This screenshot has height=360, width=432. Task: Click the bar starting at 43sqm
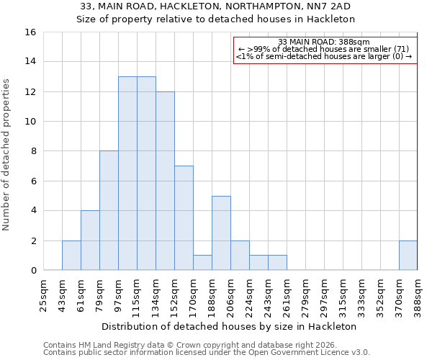coord(71,256)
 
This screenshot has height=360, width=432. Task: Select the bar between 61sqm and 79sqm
coord(90,240)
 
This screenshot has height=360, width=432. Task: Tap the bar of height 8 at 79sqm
coord(109,210)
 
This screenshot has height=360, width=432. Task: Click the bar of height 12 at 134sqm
coord(165,181)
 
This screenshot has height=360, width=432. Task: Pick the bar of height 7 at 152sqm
coord(184,218)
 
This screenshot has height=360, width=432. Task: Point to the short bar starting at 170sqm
coord(202,263)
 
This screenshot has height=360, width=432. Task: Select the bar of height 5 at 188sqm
coord(221,233)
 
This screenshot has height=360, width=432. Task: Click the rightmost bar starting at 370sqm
coord(408,256)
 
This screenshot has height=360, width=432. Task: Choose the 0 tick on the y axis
coord(32,271)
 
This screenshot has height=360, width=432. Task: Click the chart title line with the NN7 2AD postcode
coord(216,6)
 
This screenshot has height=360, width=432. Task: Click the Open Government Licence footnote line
coord(207,353)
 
